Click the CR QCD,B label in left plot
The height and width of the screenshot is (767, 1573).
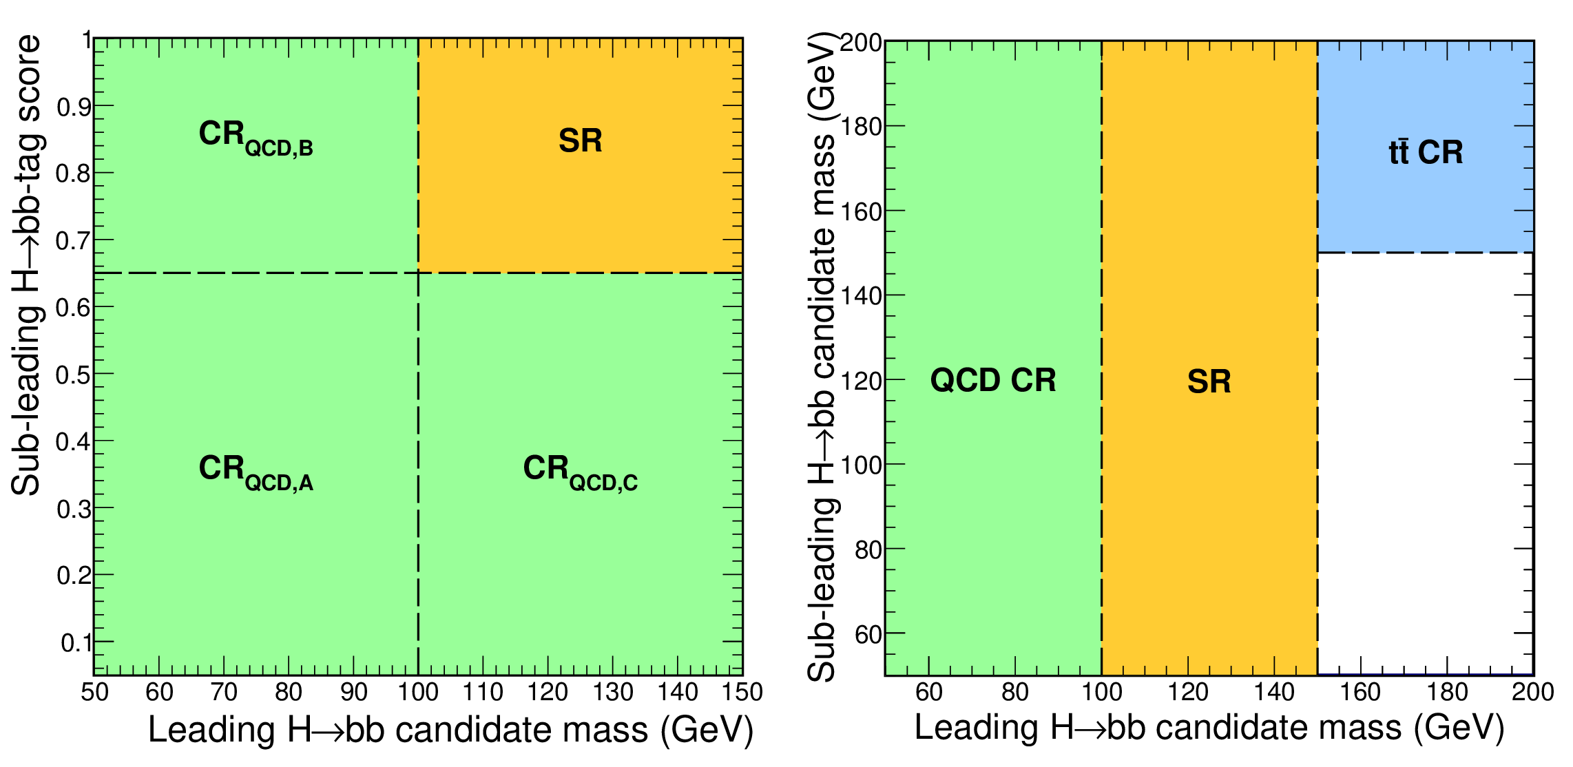point(256,138)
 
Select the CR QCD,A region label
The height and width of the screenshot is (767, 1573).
point(256,473)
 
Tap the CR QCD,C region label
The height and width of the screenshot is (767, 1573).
point(581,473)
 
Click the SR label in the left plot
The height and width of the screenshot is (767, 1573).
point(581,140)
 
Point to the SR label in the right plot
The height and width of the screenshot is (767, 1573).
point(1209,381)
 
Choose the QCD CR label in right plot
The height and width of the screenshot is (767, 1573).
point(993,380)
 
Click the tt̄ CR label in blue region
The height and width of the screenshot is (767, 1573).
point(1426,152)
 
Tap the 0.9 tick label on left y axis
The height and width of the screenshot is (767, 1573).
point(74,107)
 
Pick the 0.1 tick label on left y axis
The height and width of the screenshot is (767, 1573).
point(76,643)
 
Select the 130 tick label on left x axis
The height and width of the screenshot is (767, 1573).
point(613,692)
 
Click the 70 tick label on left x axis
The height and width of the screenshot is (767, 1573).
point(224,692)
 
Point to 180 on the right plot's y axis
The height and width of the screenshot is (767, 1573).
point(861,127)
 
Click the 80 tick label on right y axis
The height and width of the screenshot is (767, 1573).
point(868,550)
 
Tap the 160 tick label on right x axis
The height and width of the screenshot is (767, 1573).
point(1360,692)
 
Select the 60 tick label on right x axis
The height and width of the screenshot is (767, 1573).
point(929,692)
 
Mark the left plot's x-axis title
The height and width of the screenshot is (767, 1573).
point(451,730)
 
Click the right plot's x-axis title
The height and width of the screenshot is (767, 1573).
point(1209,728)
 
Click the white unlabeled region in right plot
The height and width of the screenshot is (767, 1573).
point(1425,463)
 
